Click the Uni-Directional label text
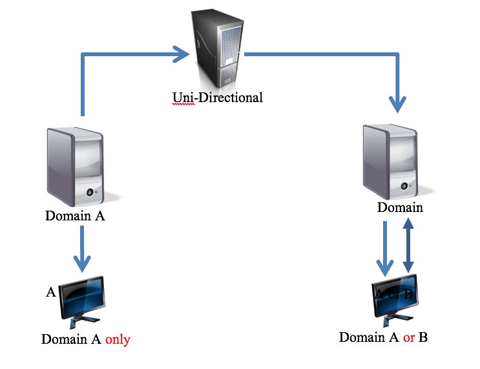tap(218, 98)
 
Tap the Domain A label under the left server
tap(75, 216)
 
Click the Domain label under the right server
tap(400, 207)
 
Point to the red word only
tap(118, 339)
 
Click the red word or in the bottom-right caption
tap(408, 337)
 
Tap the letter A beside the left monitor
tap(51, 293)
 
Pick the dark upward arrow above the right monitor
tap(408, 246)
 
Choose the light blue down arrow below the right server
tap(385, 249)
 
